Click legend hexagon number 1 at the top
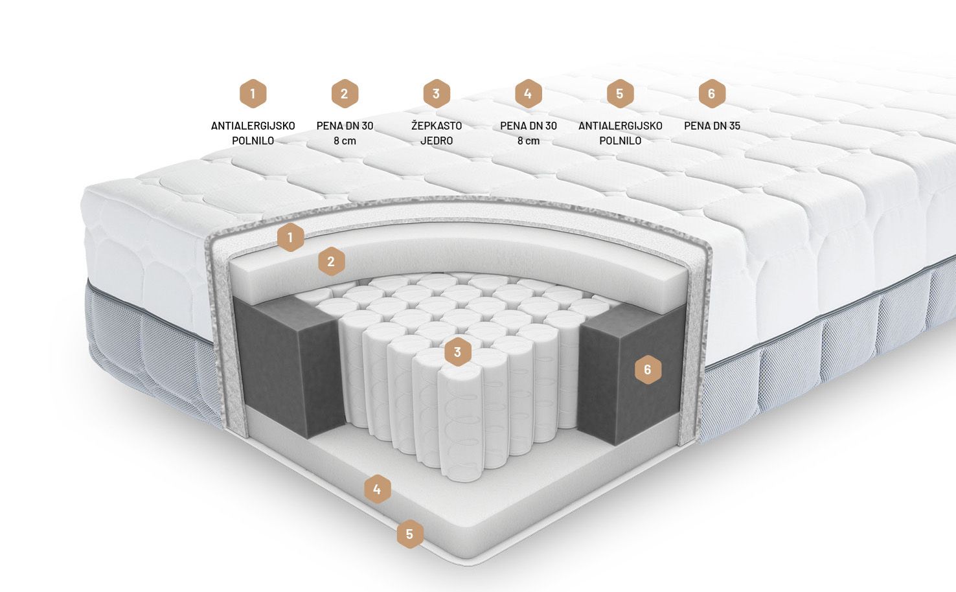[x=253, y=93]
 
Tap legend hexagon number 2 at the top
[x=345, y=93]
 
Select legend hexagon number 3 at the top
[x=436, y=93]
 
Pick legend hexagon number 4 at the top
[x=529, y=93]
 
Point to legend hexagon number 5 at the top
[x=620, y=93]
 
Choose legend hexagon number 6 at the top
[x=712, y=93]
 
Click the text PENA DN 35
[x=712, y=126]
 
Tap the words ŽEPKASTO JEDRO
[x=436, y=133]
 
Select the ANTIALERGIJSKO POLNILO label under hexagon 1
[x=253, y=133]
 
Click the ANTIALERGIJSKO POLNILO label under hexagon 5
[x=620, y=133]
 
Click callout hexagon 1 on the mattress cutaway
[x=290, y=237]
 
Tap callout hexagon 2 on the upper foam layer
[x=331, y=261]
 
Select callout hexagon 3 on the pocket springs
[x=457, y=352]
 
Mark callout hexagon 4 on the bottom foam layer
[x=377, y=489]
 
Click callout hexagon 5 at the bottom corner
[x=410, y=534]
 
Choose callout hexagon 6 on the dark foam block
[x=648, y=370]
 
